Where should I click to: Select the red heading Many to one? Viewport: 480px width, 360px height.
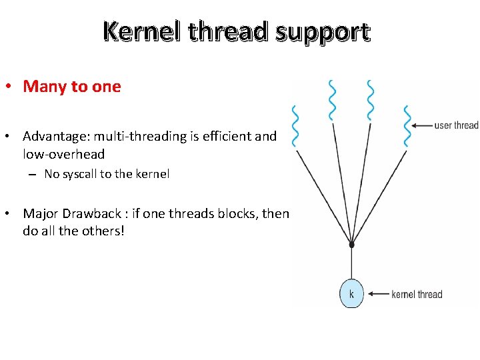coord(72,87)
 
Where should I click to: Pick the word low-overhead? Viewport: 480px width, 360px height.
coord(63,154)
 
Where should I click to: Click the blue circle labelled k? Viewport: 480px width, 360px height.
coord(351,294)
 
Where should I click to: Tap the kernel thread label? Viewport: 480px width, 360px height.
coord(417,294)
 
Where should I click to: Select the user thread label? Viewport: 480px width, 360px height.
coord(456,125)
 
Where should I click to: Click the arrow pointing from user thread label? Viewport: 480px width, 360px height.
coord(421,125)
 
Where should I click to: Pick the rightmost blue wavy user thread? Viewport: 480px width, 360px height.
coord(407,126)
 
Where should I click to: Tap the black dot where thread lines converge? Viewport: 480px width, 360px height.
coord(351,245)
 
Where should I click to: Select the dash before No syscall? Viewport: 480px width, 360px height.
coord(31,175)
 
